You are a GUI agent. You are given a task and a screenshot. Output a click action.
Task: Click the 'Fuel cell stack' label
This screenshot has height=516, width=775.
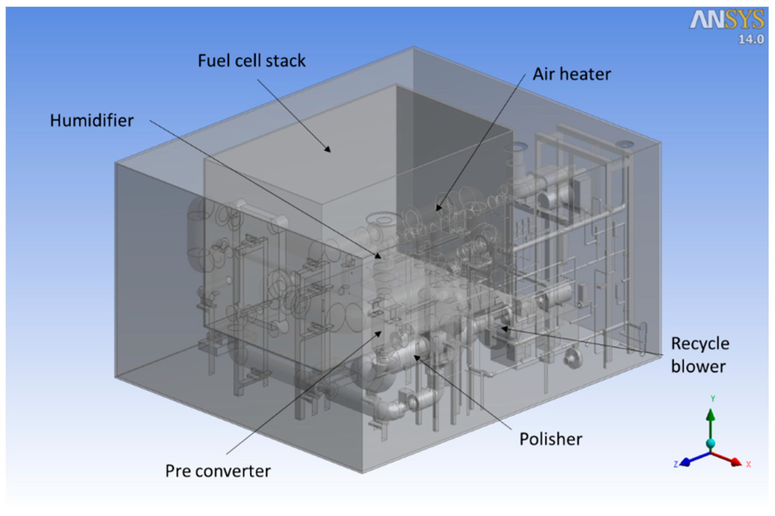tap(252, 61)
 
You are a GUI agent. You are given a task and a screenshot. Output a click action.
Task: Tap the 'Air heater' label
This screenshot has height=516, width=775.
tap(571, 74)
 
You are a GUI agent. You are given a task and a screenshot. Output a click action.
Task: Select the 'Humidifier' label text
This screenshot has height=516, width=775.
tap(92, 121)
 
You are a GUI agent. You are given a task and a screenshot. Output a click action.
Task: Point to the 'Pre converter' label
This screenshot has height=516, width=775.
tap(218, 471)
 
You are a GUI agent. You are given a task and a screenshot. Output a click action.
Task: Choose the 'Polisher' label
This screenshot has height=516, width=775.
tap(551, 440)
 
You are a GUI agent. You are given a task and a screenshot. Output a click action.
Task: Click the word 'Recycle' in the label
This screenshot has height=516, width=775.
tap(700, 344)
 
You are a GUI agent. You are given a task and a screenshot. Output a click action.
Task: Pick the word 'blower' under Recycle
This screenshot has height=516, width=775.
tap(698, 366)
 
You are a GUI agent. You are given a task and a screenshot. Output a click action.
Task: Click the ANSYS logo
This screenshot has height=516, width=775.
tap(727, 20)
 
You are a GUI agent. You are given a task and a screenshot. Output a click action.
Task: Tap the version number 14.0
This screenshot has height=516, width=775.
tap(751, 39)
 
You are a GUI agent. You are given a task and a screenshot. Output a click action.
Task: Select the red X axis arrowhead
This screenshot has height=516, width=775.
tap(736, 462)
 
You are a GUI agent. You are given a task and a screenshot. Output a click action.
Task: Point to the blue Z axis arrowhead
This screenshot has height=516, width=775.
tap(685, 462)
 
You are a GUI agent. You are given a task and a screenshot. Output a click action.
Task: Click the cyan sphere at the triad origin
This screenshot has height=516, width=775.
tap(710, 443)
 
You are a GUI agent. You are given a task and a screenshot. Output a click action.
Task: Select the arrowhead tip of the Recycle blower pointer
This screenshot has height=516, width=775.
tap(501, 328)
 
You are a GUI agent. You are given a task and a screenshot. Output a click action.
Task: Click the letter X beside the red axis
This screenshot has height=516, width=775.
tap(748, 464)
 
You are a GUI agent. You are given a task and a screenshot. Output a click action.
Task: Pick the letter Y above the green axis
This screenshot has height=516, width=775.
tap(713, 398)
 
